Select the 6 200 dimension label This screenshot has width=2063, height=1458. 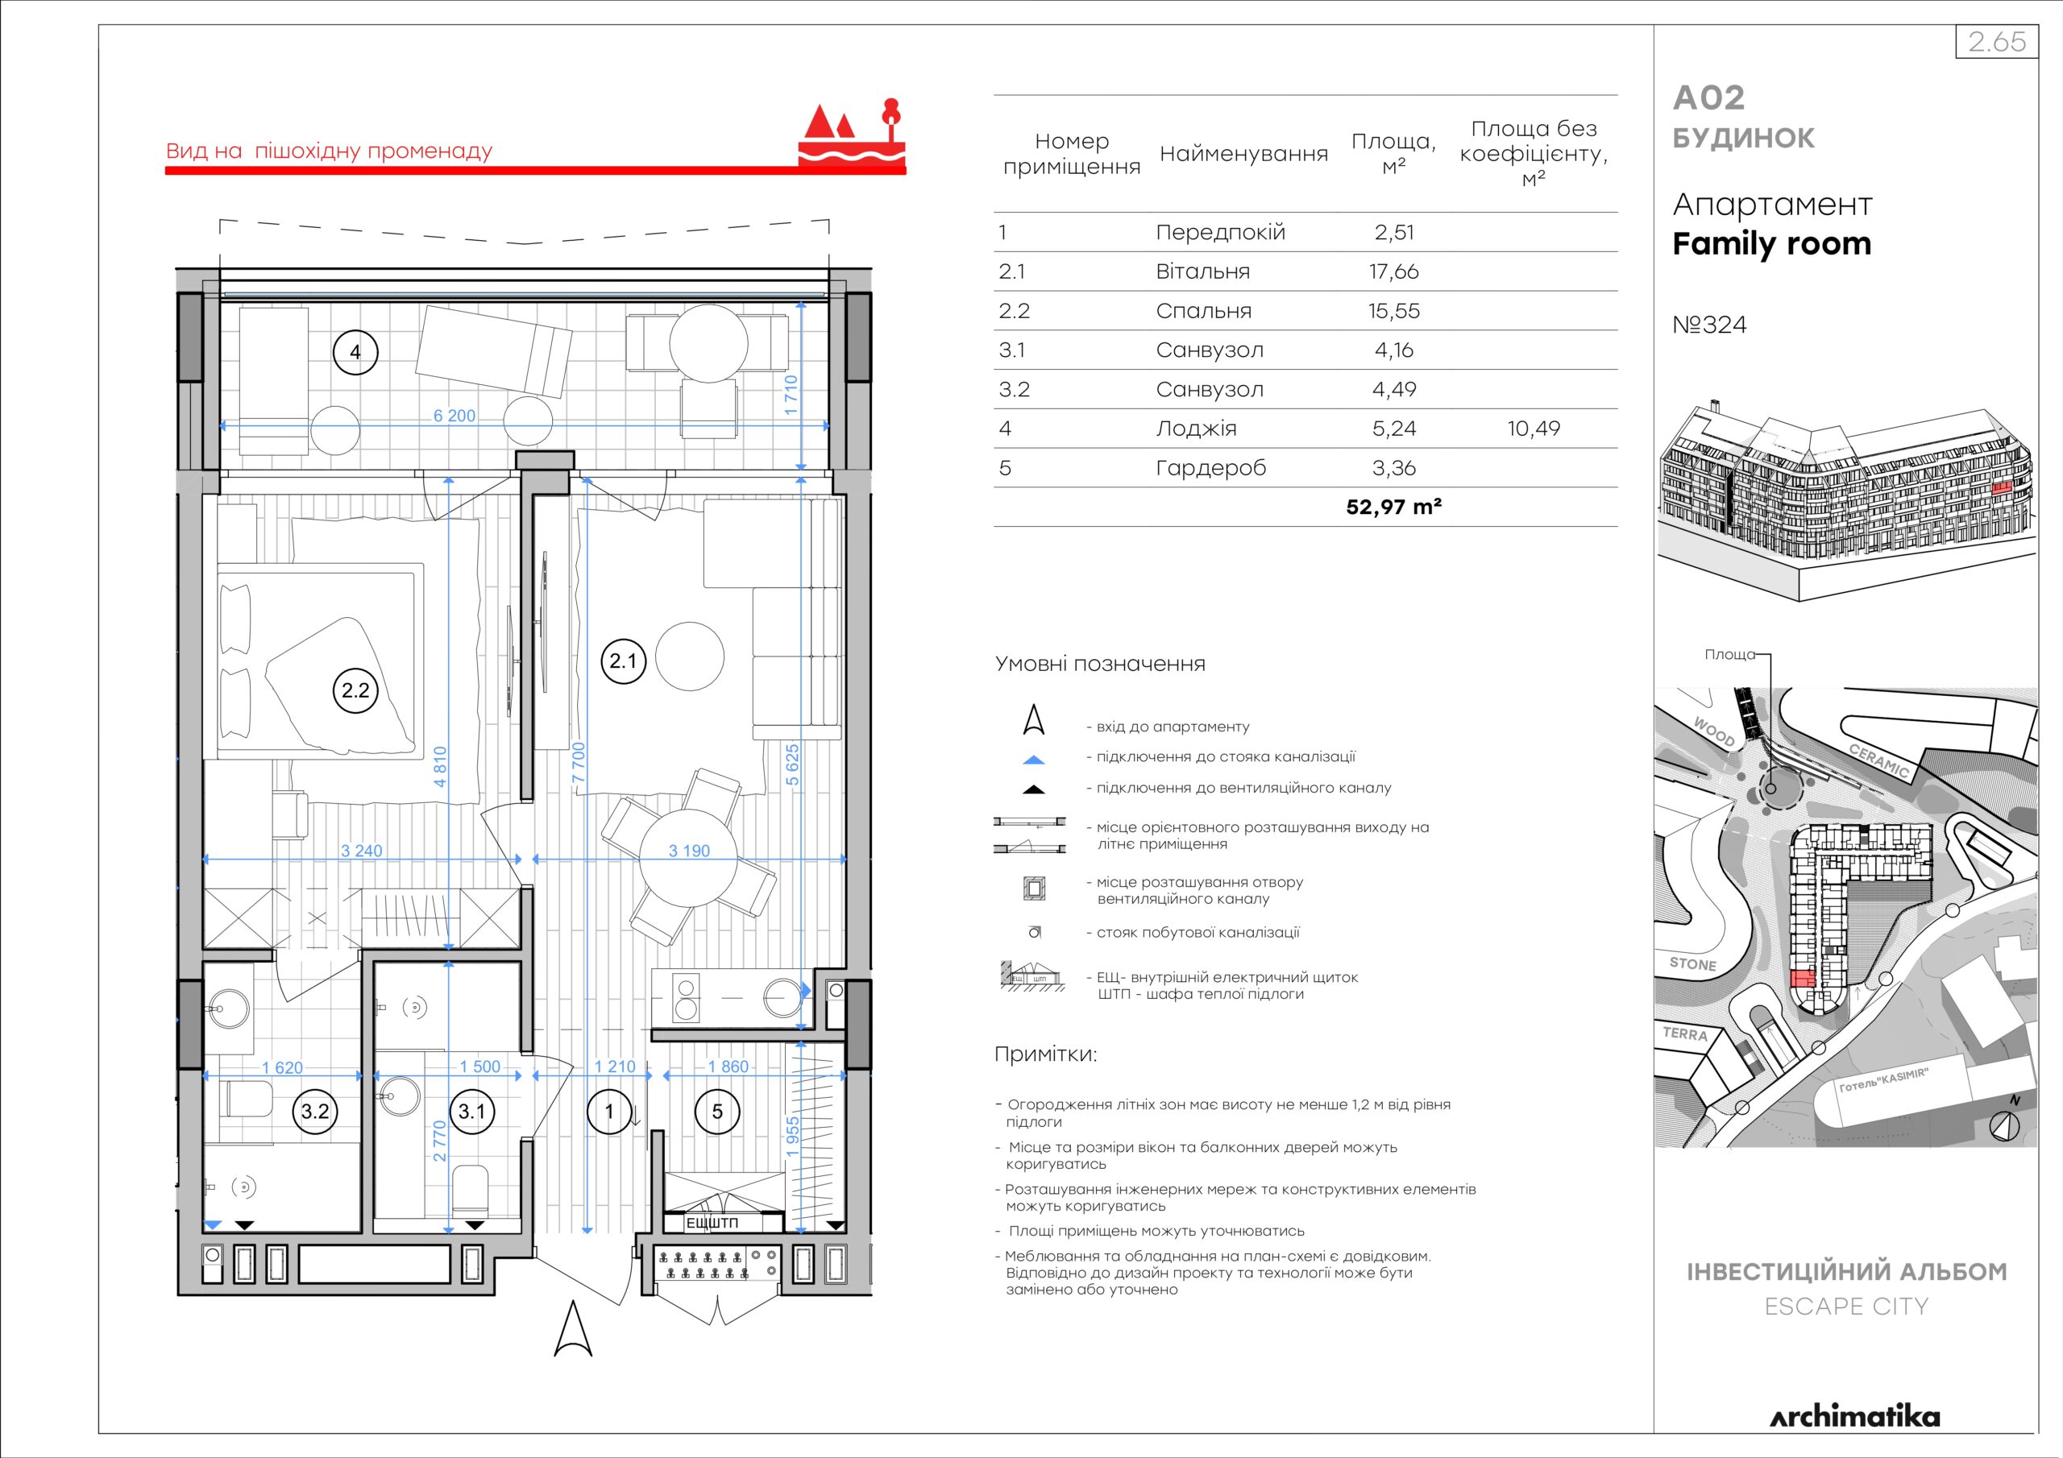tap(455, 416)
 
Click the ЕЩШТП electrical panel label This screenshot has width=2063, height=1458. tap(712, 1223)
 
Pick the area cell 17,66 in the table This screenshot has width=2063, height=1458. tap(1393, 271)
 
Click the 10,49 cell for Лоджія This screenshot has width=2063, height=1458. tap(1534, 429)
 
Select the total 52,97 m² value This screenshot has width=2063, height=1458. tap(1393, 507)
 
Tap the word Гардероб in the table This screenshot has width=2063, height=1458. tap(1210, 468)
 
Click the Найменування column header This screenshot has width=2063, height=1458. tap(1243, 154)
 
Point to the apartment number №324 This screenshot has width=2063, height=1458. tap(1710, 325)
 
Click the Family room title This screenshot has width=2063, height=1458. tap(1771, 243)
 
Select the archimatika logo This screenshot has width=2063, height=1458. tap(1854, 1417)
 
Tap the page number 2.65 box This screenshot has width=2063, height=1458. tap(1996, 41)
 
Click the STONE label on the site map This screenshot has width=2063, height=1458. tap(1693, 964)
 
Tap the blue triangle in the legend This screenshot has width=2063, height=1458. tap(1034, 760)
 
